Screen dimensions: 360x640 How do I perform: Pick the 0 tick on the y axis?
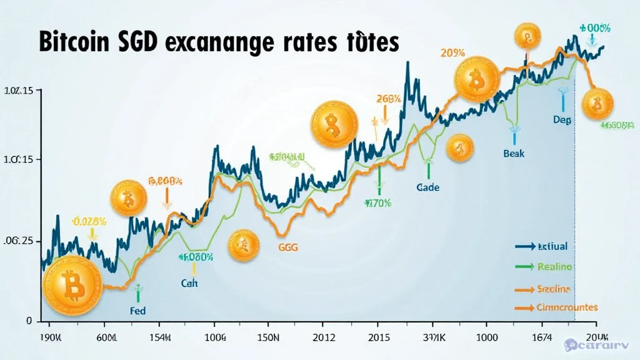pos(29,321)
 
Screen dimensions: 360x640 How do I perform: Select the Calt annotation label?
pos(189,283)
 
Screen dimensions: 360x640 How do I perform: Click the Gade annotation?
pos(427,187)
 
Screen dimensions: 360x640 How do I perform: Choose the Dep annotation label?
pos(562,120)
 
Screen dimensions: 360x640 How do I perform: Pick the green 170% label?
pos(379,202)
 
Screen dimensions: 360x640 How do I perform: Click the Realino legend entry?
pos(554,267)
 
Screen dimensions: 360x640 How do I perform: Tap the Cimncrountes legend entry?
pos(567,307)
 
